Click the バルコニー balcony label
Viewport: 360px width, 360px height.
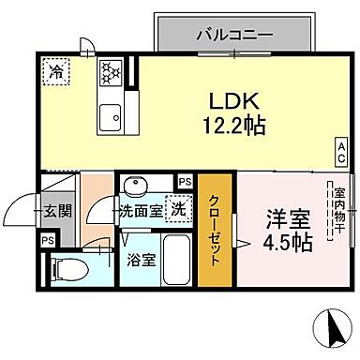234,35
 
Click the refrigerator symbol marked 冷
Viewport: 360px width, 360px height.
57,70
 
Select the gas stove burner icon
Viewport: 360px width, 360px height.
111,73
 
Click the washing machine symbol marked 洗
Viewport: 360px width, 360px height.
175,211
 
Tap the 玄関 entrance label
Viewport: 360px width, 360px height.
56,212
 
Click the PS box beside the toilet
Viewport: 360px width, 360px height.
46,239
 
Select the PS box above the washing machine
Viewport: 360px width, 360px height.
185,182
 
